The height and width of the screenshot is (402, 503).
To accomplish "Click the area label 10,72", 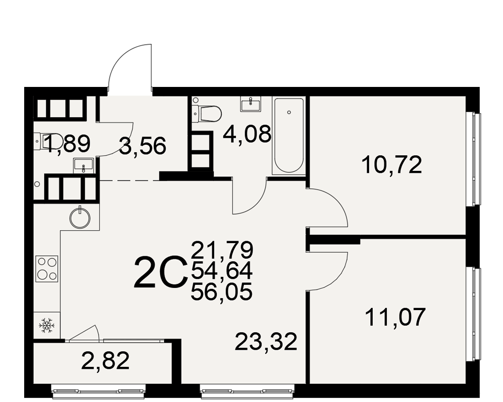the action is (391, 165).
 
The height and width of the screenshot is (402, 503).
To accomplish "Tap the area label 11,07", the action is (395, 317).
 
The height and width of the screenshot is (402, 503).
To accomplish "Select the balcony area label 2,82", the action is (106, 360).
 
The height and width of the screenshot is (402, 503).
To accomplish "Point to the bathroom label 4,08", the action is (247, 134).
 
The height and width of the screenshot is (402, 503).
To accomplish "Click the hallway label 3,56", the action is (142, 146).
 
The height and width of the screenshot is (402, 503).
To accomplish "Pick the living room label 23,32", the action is (266, 342).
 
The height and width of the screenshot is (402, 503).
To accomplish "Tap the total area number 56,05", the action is (222, 292).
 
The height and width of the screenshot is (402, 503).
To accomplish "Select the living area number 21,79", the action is (222, 250).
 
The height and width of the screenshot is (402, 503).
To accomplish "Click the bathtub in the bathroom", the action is (289, 136).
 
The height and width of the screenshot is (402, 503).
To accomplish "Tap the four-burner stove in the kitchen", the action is (47, 269).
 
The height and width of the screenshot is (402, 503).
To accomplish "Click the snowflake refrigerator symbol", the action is (47, 326).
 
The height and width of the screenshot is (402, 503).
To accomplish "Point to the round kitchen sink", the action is (80, 218).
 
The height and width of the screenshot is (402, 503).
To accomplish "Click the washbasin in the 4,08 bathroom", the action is (250, 105).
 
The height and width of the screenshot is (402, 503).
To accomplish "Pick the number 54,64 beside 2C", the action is (222, 271).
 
